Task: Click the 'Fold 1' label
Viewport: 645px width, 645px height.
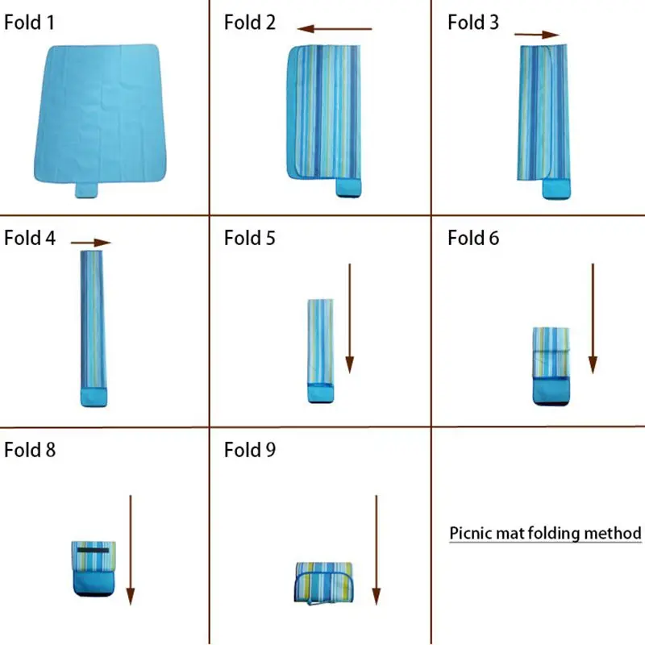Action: (30, 22)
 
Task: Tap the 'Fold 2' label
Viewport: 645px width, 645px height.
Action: (250, 22)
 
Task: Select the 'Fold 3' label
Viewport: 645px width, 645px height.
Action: (473, 22)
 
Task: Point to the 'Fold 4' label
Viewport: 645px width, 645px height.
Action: (30, 238)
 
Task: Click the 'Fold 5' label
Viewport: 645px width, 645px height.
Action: (250, 238)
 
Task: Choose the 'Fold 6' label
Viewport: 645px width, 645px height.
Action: (473, 238)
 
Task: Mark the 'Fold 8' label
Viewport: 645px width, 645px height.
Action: (30, 449)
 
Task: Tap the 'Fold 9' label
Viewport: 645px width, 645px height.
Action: (250, 449)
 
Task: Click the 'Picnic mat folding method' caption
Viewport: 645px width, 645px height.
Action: (545, 533)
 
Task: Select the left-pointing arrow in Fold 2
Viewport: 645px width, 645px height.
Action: (334, 30)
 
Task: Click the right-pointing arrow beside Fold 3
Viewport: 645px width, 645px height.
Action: (536, 35)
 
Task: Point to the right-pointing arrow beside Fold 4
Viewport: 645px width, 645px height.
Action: (90, 242)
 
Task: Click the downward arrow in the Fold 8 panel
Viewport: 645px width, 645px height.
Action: (130, 549)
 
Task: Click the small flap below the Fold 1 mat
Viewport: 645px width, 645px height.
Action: (86, 190)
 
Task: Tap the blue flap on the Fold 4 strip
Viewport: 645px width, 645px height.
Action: (94, 396)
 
